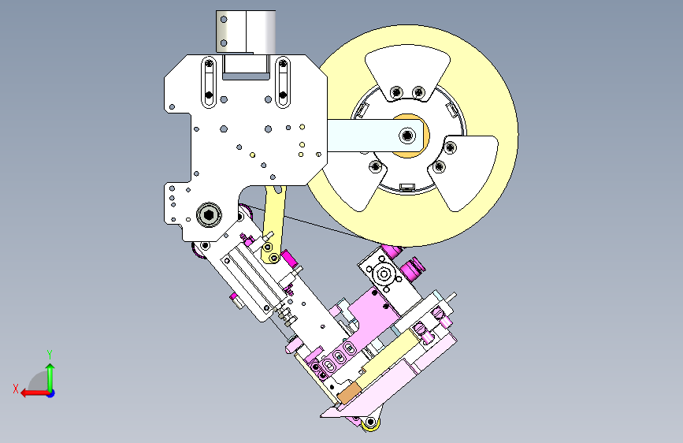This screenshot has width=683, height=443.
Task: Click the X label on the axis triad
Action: pyautogui.click(x=16, y=389)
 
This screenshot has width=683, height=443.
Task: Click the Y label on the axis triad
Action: pyautogui.click(x=50, y=355)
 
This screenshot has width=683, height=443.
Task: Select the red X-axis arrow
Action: pyautogui.click(x=35, y=393)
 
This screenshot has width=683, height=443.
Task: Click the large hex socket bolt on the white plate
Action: pyautogui.click(x=209, y=214)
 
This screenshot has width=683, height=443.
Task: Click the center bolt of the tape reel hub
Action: pyautogui.click(x=407, y=136)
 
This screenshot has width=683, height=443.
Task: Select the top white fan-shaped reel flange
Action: pyautogui.click(x=408, y=72)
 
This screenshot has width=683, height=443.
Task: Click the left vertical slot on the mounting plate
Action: pyautogui.click(x=209, y=81)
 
